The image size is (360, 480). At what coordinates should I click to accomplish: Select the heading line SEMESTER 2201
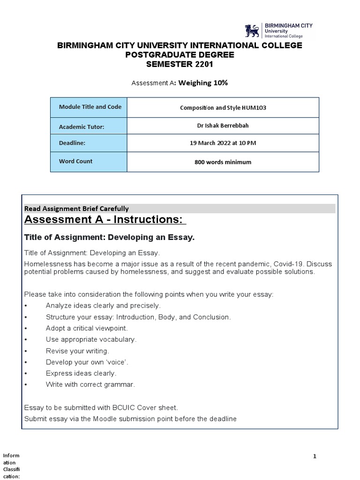180,64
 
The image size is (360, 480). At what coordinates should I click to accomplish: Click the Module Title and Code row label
90,107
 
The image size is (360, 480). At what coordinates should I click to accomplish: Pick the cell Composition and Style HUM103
223,107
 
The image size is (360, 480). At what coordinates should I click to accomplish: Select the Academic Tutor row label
81,127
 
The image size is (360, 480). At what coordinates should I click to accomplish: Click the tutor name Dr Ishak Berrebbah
223,126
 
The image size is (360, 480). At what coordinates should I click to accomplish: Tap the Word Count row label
75,161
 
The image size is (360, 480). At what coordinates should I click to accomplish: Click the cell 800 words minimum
223,162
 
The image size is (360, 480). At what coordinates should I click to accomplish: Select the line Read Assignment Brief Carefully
76,209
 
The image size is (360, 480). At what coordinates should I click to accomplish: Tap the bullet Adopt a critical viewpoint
86,328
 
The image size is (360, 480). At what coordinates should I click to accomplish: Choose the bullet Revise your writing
77,351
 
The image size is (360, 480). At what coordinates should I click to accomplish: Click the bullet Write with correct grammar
90,384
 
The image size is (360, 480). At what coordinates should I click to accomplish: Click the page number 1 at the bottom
315,456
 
